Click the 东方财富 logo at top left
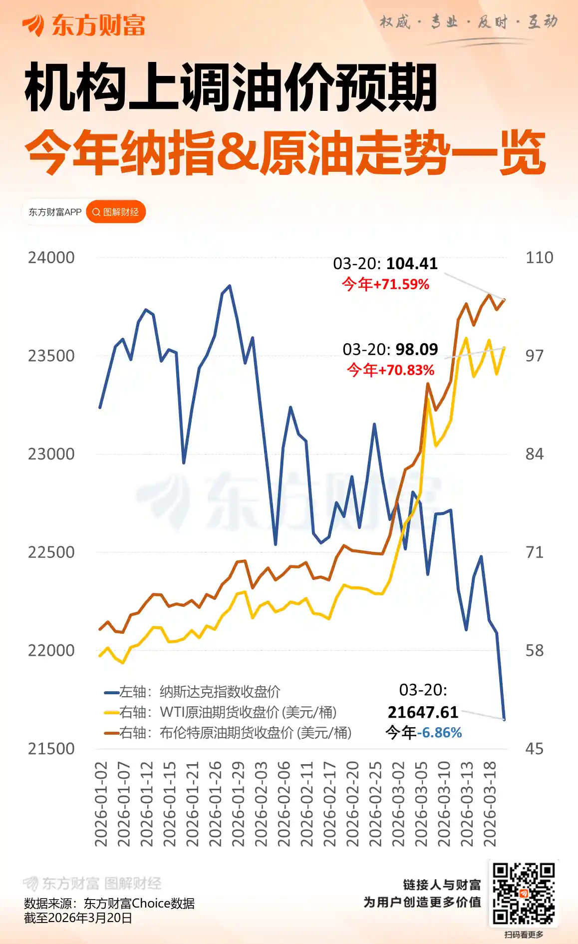click(83, 25)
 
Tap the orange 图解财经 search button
click(116, 212)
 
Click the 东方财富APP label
click(55, 212)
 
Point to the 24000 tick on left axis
click(51, 258)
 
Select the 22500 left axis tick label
click(51, 552)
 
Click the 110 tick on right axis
click(539, 258)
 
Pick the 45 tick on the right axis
click(534, 749)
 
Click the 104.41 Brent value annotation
click(412, 264)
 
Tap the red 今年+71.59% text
click(385, 285)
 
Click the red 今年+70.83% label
click(390, 371)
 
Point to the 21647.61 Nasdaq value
click(423, 712)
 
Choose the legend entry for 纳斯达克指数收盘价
click(192, 692)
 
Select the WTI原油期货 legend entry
click(220, 712)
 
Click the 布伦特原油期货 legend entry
click(228, 733)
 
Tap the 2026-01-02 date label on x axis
click(101, 804)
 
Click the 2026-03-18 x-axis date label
click(490, 804)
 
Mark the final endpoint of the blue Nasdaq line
click(504, 719)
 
